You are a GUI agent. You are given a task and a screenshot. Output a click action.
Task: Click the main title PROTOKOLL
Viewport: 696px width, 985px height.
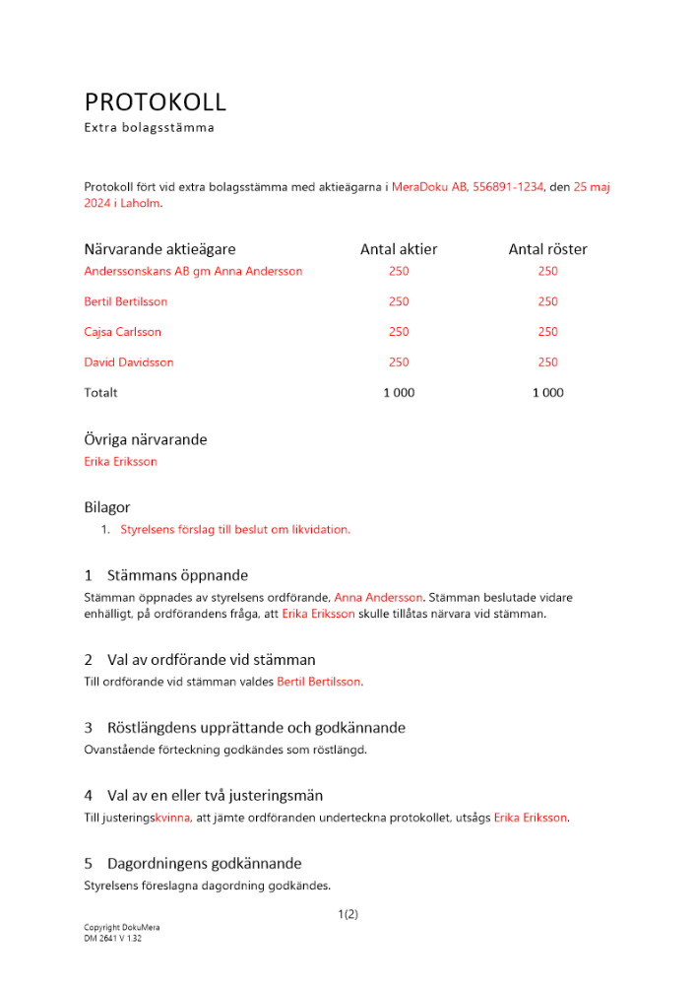click(156, 101)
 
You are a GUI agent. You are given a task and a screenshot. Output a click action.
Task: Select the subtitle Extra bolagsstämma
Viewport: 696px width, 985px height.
click(150, 127)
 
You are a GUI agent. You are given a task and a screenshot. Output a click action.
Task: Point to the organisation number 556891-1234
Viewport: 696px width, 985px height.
click(508, 186)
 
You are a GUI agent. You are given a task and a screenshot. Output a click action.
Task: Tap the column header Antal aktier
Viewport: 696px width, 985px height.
click(399, 250)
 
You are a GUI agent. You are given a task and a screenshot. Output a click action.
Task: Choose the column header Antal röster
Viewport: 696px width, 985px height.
click(547, 250)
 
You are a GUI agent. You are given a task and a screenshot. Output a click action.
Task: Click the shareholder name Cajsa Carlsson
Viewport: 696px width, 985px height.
click(123, 332)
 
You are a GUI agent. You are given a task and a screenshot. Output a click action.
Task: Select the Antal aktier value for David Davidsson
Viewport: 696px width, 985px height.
click(399, 362)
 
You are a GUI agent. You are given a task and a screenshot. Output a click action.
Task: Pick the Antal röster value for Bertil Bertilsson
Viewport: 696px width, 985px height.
click(547, 301)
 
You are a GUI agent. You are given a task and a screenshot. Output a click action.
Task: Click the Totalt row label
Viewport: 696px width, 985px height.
click(101, 393)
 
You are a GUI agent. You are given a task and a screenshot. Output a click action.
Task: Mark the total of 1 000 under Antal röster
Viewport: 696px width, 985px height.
click(547, 393)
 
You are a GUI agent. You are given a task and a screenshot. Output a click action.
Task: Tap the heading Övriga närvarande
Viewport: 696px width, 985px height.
click(146, 440)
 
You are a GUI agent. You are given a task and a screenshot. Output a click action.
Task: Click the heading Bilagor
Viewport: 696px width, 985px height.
click(107, 508)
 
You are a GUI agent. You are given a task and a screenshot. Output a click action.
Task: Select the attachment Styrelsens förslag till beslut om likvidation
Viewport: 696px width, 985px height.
click(235, 529)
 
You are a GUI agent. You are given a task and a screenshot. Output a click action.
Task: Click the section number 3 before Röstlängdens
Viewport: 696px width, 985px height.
click(89, 729)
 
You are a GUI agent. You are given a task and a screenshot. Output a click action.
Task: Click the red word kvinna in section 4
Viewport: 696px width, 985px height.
click(171, 818)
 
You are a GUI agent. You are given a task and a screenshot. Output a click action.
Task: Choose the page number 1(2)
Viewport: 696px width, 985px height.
click(348, 914)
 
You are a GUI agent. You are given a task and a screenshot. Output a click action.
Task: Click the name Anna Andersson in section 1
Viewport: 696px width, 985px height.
click(378, 597)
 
